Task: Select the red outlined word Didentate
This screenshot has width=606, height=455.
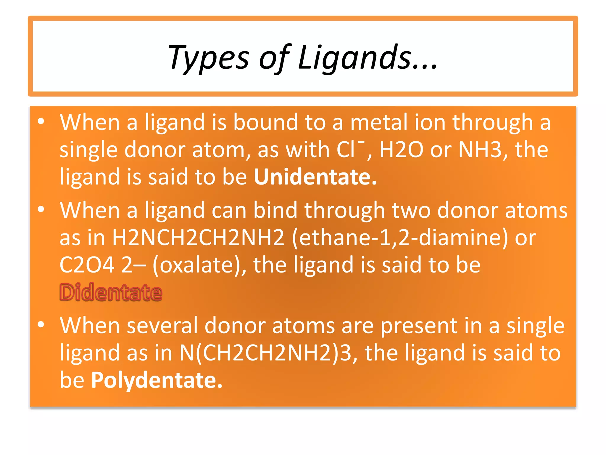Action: coord(111,293)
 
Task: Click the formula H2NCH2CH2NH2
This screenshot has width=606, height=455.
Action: coord(198,238)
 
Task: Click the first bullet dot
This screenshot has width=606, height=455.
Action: coord(41,121)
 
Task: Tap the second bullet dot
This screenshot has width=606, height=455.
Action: coord(41,209)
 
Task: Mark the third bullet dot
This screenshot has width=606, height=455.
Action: coord(41,325)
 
